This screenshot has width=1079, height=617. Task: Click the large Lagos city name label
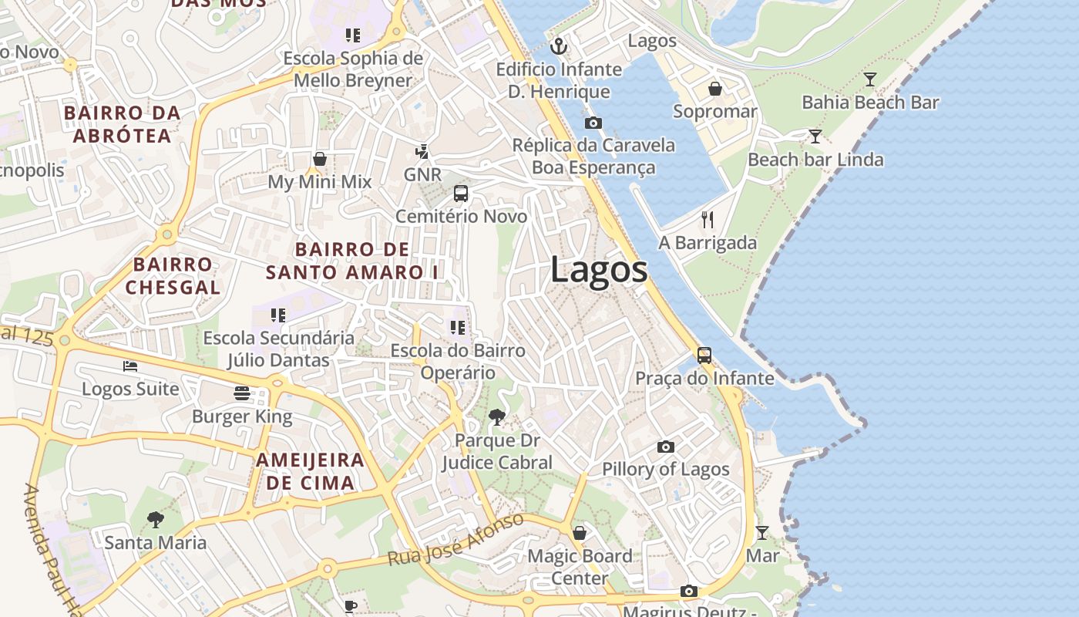click(x=599, y=270)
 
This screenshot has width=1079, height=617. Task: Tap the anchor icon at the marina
click(x=559, y=47)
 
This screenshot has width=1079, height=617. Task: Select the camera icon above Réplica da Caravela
click(x=593, y=123)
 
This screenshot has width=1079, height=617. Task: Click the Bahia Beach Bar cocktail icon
click(x=870, y=79)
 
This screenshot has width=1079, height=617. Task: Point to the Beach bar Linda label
click(x=815, y=160)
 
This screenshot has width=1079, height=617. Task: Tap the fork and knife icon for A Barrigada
click(x=708, y=220)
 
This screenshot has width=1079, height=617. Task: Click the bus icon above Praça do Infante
click(x=704, y=356)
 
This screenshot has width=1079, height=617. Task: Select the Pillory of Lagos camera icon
click(x=666, y=447)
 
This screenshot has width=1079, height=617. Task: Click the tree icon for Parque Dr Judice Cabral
click(x=497, y=417)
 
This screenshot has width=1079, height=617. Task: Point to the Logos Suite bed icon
click(x=130, y=366)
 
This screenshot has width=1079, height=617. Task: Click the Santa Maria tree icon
click(x=156, y=519)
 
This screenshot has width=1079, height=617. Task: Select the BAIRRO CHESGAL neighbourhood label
click(x=173, y=275)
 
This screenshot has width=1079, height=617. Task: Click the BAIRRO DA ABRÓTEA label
click(x=122, y=124)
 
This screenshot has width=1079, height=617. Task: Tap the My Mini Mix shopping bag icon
click(x=320, y=159)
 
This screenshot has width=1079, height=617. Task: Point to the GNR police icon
click(x=422, y=151)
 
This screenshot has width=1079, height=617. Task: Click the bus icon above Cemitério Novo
click(x=461, y=194)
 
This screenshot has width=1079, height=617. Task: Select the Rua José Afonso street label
click(x=455, y=539)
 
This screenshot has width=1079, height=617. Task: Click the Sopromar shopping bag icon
click(x=715, y=89)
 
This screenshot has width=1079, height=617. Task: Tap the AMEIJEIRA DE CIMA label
click(x=310, y=471)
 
